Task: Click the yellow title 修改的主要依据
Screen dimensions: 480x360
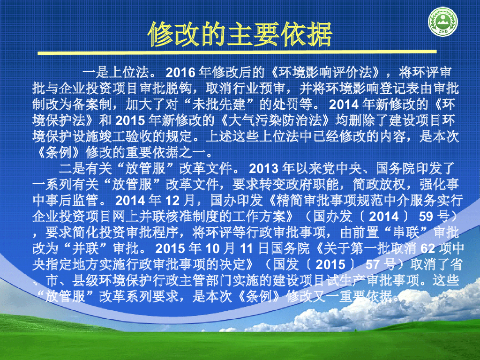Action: click(x=240, y=34)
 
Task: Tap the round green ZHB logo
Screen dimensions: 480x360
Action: click(x=442, y=22)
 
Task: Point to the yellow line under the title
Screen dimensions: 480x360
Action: click(x=237, y=52)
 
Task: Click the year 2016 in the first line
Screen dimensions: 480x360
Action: click(x=180, y=73)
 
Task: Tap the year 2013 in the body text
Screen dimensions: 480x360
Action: click(x=263, y=169)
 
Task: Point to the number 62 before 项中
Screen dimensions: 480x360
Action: click(x=428, y=248)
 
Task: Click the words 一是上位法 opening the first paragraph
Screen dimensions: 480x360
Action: click(x=116, y=73)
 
